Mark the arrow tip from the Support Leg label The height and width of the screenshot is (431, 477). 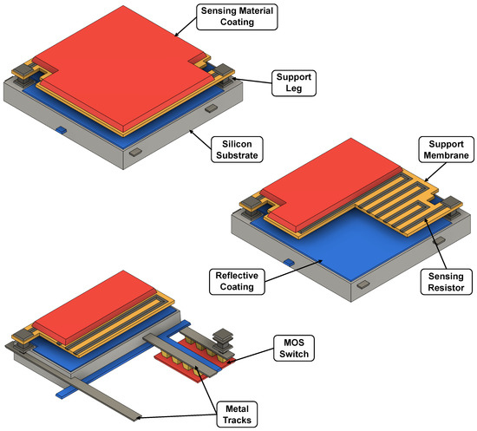[x=234, y=78]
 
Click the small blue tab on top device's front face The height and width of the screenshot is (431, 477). [x=62, y=130]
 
